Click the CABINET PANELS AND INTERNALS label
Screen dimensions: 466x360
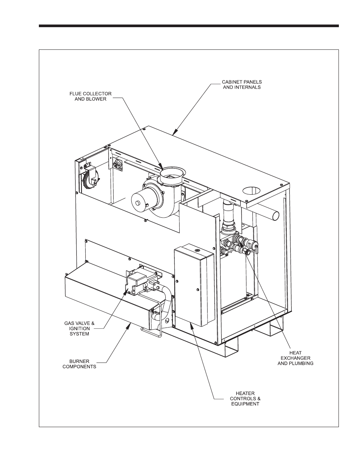(x=242, y=84)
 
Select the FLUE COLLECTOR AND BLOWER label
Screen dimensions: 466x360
(x=90, y=96)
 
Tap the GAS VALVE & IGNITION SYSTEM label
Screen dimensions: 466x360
(x=77, y=328)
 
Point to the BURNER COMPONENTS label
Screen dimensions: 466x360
(x=79, y=363)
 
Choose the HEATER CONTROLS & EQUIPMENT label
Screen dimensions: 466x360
(x=245, y=398)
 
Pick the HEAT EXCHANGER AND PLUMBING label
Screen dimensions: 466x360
(x=295, y=358)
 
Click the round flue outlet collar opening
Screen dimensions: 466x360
(x=172, y=174)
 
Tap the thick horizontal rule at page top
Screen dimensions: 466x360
(x=189, y=26)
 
